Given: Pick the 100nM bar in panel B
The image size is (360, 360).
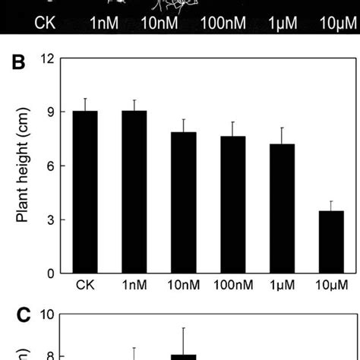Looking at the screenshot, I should [233, 205].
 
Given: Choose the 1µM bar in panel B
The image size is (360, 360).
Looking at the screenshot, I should [283, 209].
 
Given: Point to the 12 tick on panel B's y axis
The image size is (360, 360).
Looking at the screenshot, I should [51, 58].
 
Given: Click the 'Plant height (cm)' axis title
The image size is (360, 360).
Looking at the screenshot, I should [24, 166].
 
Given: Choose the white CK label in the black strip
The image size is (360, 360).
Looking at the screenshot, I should [46, 24].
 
